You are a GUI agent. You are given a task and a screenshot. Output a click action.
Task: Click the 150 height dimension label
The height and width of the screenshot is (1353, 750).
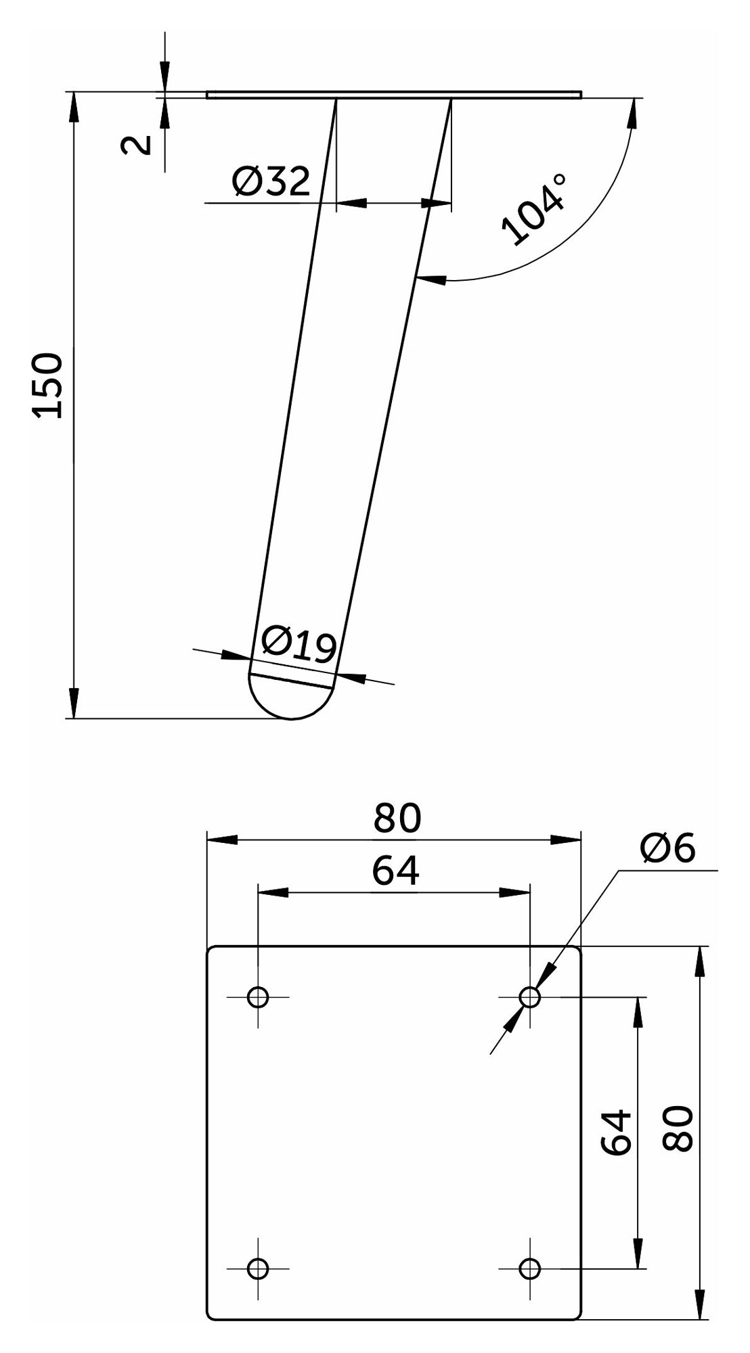[49, 386]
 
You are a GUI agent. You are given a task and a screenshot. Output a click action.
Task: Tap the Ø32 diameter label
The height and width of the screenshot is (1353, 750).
[271, 181]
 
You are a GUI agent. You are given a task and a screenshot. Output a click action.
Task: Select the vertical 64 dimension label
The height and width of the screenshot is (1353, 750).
[617, 1132]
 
